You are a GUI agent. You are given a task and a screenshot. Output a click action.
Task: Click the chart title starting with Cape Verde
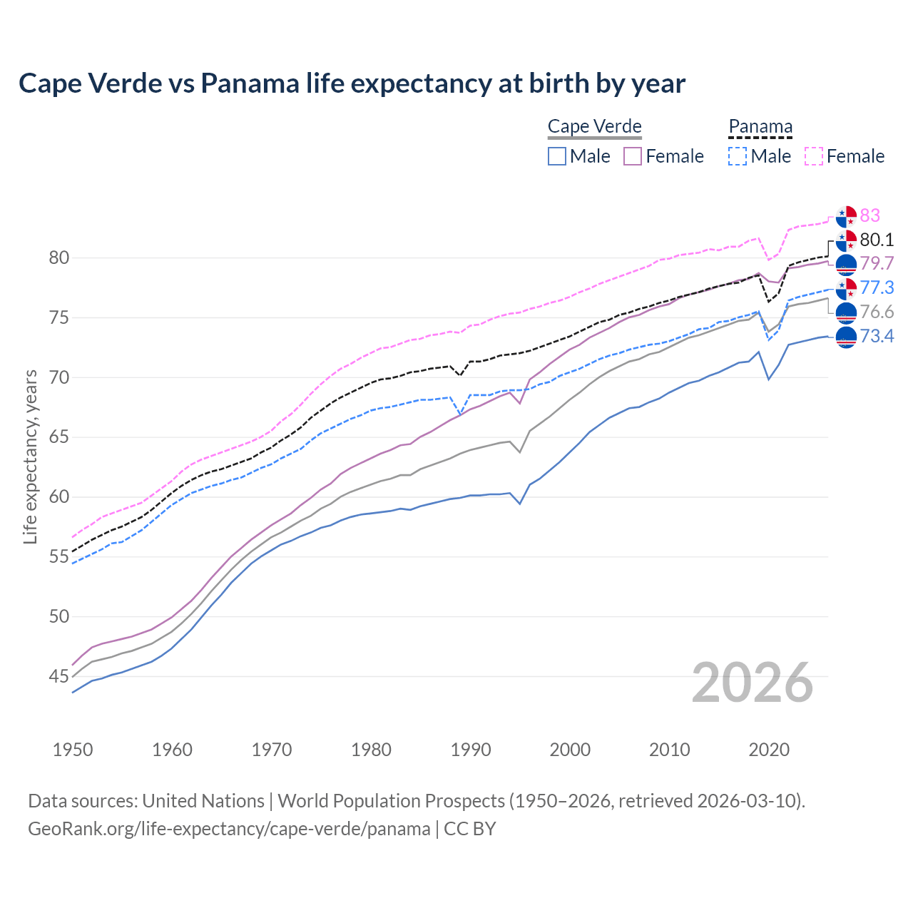(x=352, y=83)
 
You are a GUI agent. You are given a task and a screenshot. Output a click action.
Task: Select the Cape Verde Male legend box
(x=557, y=156)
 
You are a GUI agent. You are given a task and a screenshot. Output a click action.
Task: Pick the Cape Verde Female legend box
(x=633, y=156)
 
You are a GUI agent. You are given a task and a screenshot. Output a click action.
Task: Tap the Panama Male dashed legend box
(x=738, y=156)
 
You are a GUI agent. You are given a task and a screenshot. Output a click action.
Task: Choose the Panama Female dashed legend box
(x=814, y=156)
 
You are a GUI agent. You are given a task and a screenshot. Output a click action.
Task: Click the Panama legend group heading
(x=760, y=127)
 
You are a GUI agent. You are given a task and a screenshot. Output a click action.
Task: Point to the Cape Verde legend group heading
(x=595, y=127)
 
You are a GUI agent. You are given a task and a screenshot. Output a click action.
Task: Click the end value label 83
(x=869, y=215)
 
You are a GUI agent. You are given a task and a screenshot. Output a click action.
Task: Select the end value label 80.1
(x=877, y=240)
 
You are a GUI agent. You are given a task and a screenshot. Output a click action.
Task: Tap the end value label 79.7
(x=877, y=264)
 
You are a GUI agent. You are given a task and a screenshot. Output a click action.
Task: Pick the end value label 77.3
(x=877, y=287)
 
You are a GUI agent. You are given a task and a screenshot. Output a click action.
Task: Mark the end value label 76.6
(x=877, y=312)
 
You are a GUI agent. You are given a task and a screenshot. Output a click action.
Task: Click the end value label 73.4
(x=877, y=336)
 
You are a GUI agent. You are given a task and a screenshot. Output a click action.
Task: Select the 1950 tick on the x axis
(x=73, y=750)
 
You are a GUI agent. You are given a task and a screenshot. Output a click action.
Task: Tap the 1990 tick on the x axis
(x=471, y=750)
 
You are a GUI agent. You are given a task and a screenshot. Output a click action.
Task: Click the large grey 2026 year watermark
(x=753, y=683)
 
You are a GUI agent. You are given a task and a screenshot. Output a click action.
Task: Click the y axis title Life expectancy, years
(x=30, y=456)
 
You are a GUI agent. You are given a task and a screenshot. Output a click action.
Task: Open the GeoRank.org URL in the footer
(x=229, y=829)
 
